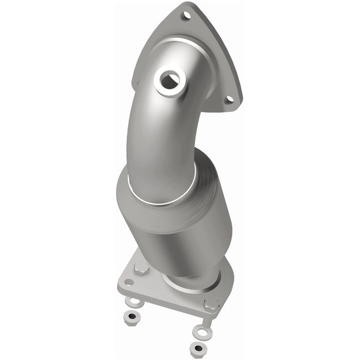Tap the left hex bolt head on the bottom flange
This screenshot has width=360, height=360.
click(141, 268)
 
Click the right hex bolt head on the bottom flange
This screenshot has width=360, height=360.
click(211, 304)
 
